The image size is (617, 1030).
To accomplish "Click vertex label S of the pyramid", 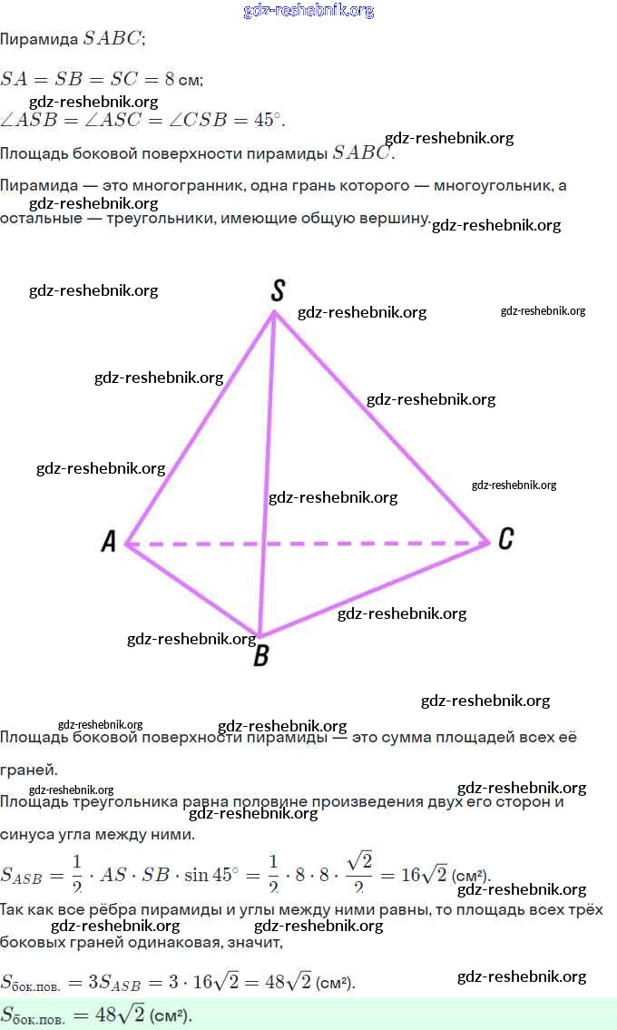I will (x=279, y=290).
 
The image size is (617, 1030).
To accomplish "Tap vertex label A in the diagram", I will (x=109, y=542).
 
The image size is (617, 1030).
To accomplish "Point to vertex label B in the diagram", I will (x=260, y=655).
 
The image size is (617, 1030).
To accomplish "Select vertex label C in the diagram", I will (x=505, y=539).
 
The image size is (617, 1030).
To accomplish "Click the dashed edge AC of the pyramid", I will (x=363, y=544).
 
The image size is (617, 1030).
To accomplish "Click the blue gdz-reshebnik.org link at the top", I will (x=308, y=11).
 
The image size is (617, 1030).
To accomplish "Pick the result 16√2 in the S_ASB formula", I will (x=424, y=875).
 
